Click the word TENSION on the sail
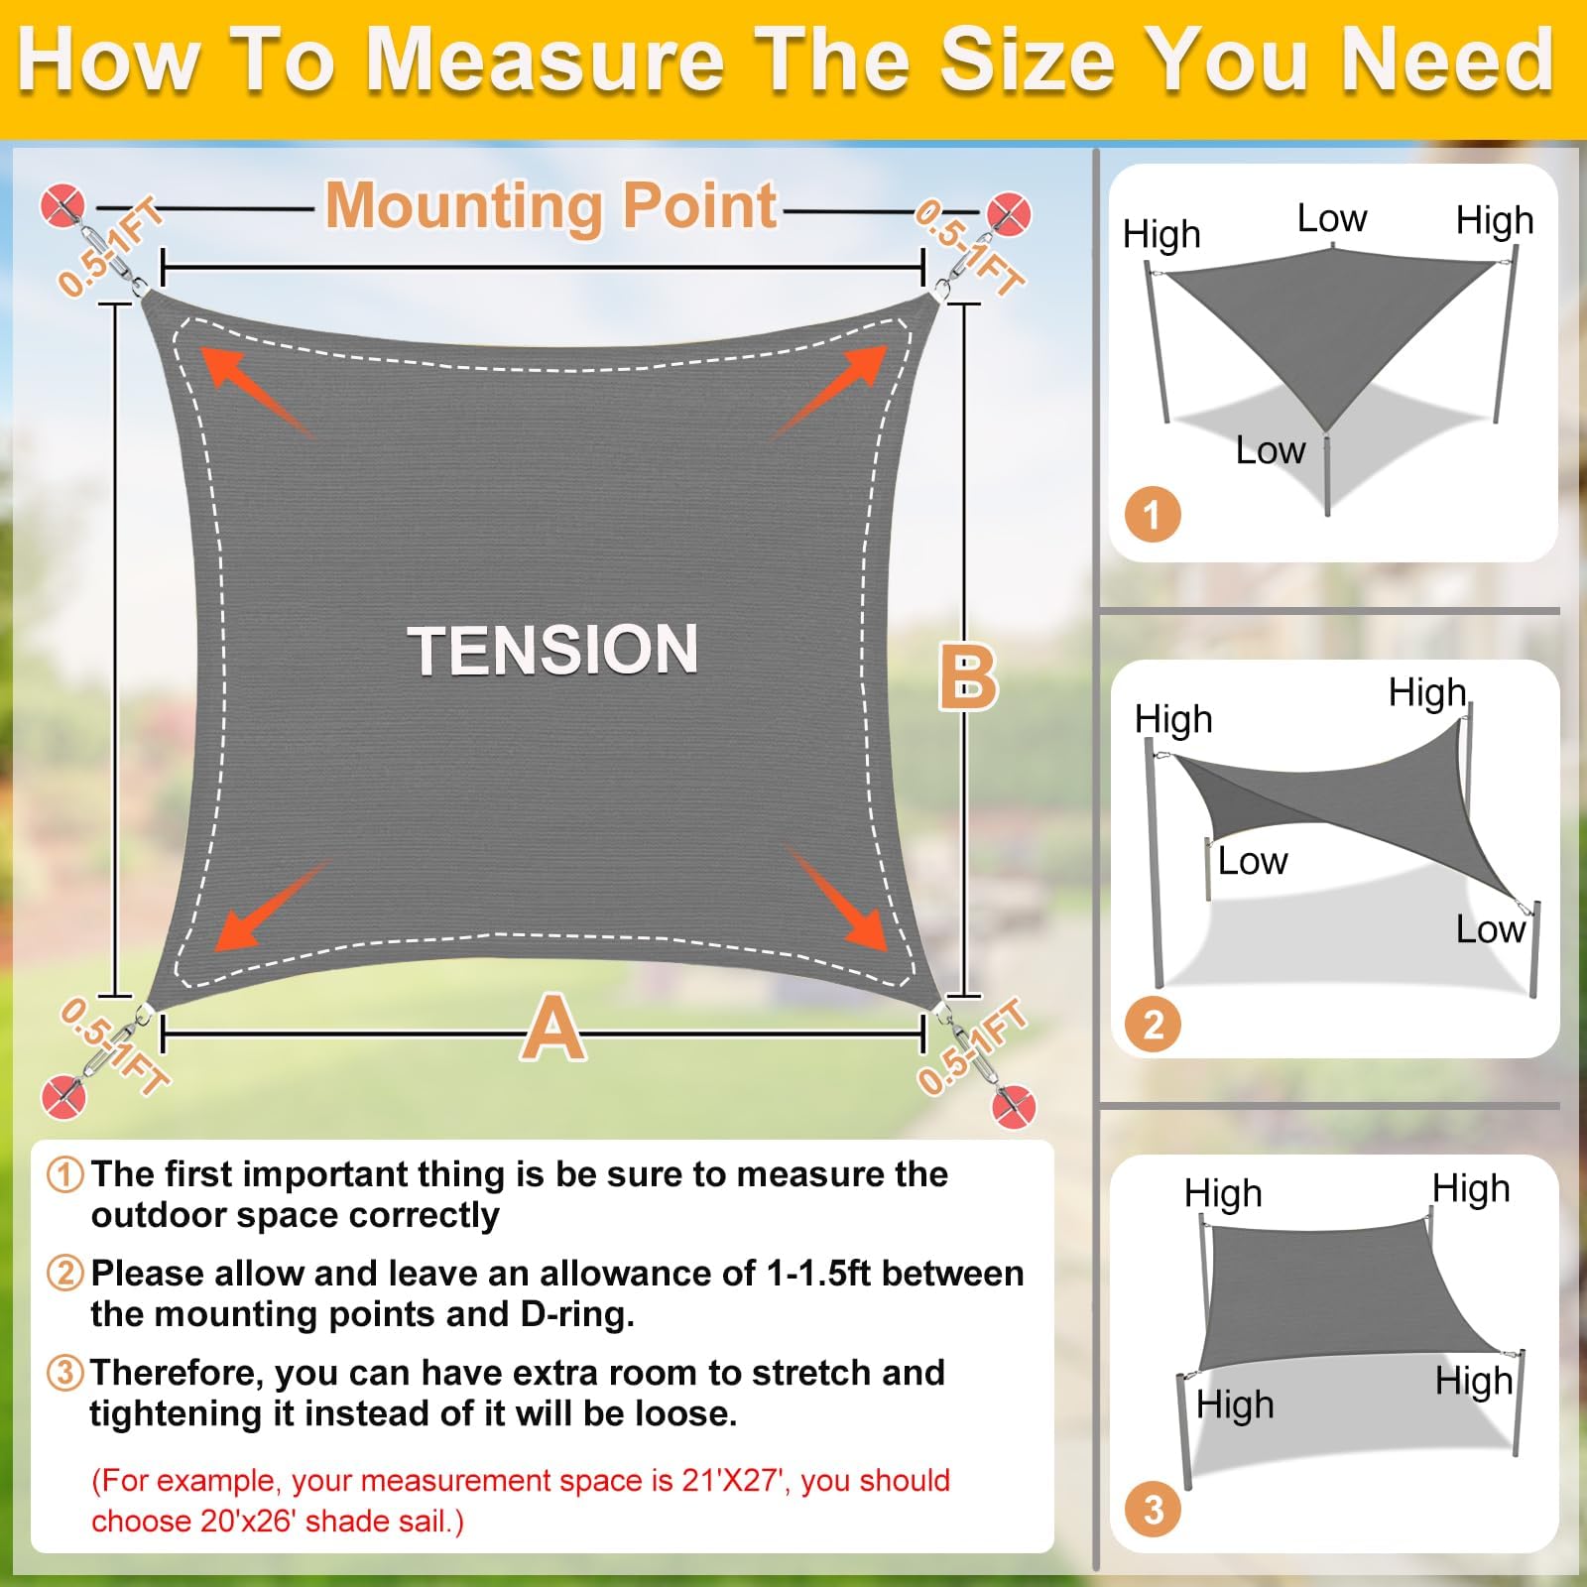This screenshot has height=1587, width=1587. coord(552,650)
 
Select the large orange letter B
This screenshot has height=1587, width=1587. coord(968,678)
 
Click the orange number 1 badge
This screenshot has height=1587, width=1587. coord(1153,515)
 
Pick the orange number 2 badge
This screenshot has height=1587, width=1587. coord(1153,1024)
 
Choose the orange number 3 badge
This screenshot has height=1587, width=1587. coord(1153,1510)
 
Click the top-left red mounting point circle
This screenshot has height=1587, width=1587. coord(62,206)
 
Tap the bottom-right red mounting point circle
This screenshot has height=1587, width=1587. coord(1013,1107)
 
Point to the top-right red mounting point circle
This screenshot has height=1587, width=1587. coord(1008,214)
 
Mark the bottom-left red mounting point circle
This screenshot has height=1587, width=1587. coord(62,1097)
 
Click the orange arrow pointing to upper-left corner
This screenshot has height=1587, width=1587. coord(258,393)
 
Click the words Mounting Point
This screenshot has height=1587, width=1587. coord(551,206)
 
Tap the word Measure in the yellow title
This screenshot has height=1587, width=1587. coord(545,61)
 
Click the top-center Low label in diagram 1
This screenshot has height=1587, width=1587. coord(1332,218)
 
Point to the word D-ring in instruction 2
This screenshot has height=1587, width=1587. coord(576,1314)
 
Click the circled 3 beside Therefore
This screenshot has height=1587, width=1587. coord(65,1373)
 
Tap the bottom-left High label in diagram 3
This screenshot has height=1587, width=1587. coord(1235,1405)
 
